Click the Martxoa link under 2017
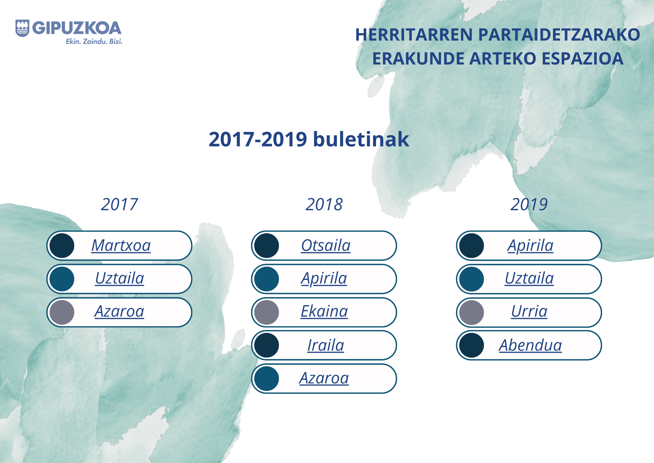pos(121,245)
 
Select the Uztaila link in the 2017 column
pos(120,278)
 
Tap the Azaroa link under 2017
pos(119,311)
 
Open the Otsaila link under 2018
pos(326,245)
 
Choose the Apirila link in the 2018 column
pos(324,279)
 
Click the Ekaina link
pos(324,311)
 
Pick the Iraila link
pos(326,345)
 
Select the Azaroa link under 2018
pos(324,378)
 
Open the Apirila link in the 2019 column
pos(530,246)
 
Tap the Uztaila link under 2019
pos(529,278)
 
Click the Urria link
pos(529,311)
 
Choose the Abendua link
pos(530,345)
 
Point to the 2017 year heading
pos(119,204)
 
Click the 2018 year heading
pos(324,204)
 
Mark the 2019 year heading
pos(529,204)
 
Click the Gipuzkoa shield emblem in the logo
pos(22,28)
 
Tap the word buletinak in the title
pos(361,139)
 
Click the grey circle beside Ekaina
pos(267,312)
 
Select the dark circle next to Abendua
pos(471,345)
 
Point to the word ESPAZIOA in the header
pos(582,59)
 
